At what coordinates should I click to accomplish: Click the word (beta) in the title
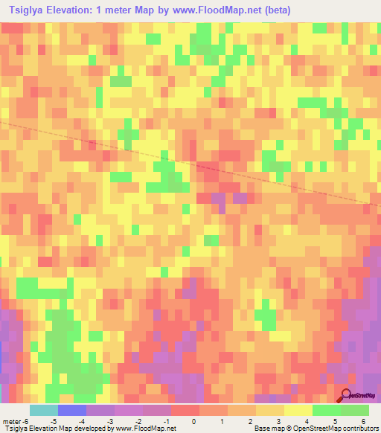pyautogui.click(x=275, y=10)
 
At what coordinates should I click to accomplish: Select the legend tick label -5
pyautogui.click(x=53, y=421)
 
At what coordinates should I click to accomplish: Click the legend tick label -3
pyautogui.click(x=109, y=421)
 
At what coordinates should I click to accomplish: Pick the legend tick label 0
pyautogui.click(x=194, y=421)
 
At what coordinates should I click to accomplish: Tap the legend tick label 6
pyautogui.click(x=364, y=421)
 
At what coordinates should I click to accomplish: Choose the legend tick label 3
pyautogui.click(x=279, y=421)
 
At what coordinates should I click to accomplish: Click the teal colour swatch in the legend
pyautogui.click(x=44, y=410)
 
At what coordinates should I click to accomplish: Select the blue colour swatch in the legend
pyautogui.click(x=72, y=410)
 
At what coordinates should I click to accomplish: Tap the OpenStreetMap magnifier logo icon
pyautogui.click(x=347, y=396)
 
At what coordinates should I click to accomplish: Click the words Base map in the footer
pyautogui.click(x=266, y=429)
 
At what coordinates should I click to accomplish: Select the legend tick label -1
pyautogui.click(x=166, y=421)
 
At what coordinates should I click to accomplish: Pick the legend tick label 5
pyautogui.click(x=336, y=421)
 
